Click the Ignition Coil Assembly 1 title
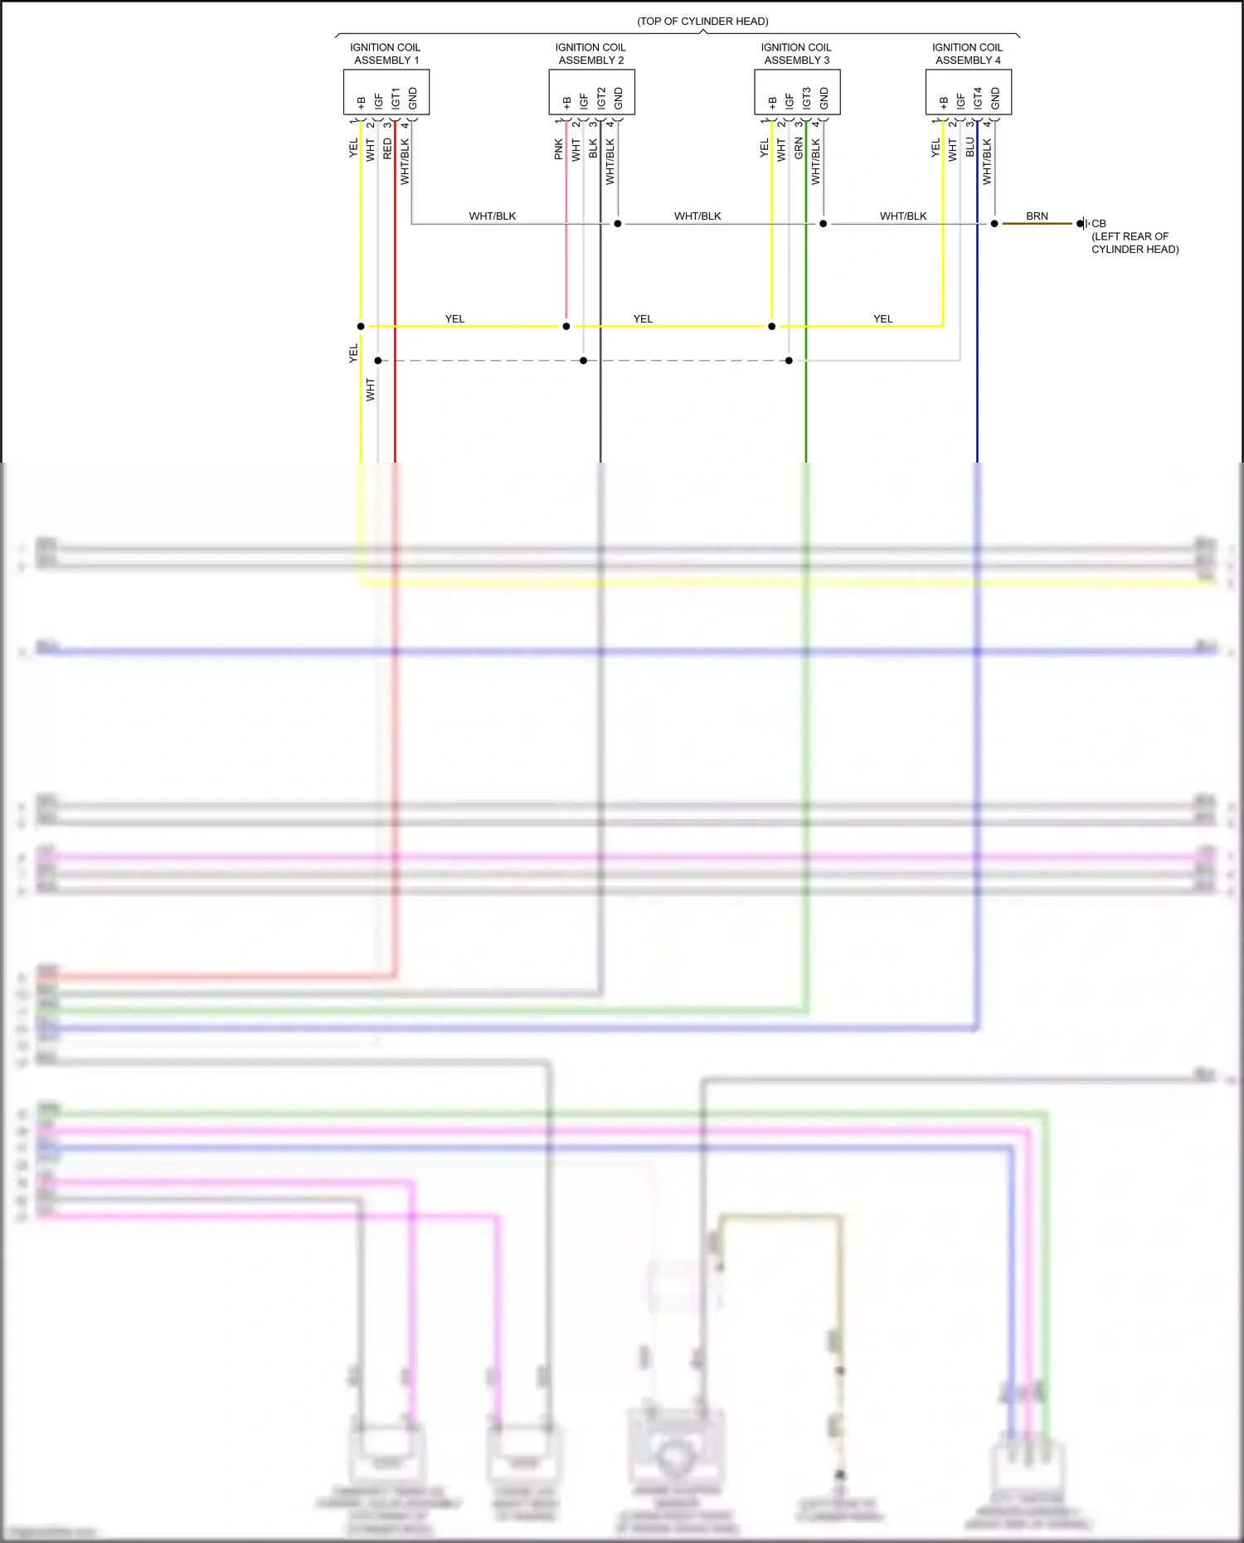click(386, 54)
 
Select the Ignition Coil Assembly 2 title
click(590, 54)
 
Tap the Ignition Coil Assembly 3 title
click(796, 54)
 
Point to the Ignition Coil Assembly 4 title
click(967, 54)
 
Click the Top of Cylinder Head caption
click(702, 22)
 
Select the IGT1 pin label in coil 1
click(396, 98)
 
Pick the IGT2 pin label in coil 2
click(601, 98)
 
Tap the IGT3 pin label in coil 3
click(806, 98)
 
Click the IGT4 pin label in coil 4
click(978, 98)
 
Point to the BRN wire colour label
click(1037, 216)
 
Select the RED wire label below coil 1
click(387, 149)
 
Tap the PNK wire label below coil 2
click(558, 149)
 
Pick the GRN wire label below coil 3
click(798, 149)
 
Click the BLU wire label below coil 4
click(969, 148)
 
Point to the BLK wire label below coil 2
click(593, 149)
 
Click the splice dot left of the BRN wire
click(994, 224)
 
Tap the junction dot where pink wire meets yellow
click(566, 327)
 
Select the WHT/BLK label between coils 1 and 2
click(493, 216)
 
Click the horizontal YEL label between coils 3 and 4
click(883, 319)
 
